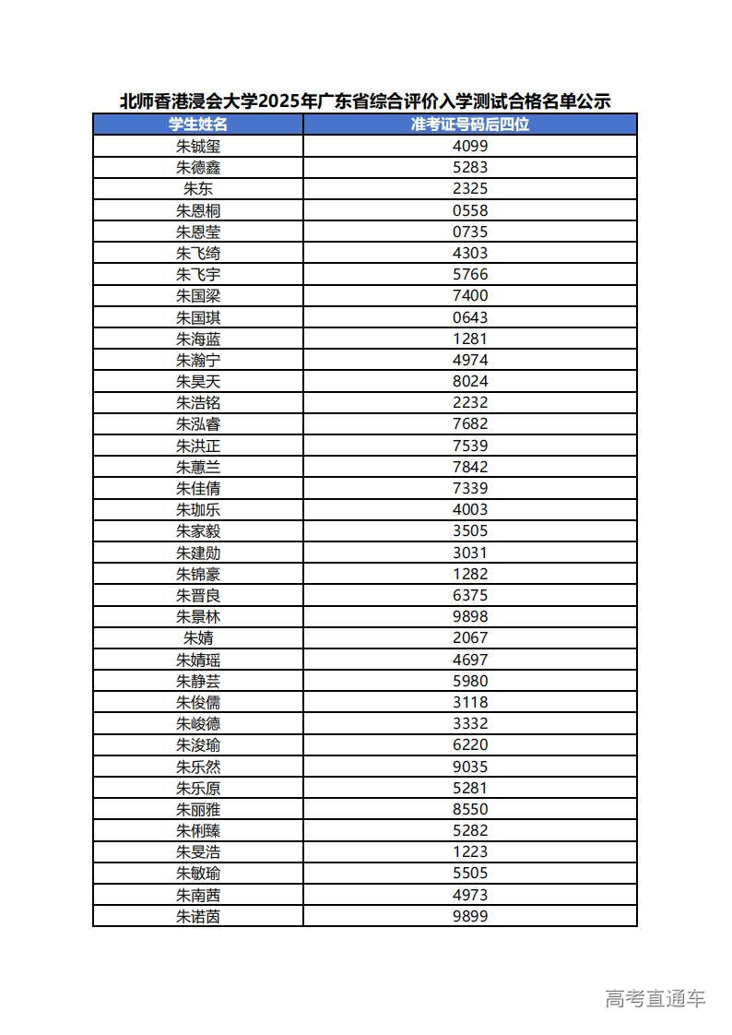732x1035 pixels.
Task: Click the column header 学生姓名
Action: point(198,125)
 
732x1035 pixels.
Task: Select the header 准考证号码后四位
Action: point(470,125)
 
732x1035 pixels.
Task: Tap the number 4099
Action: point(470,146)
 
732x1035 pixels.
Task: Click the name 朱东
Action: point(198,188)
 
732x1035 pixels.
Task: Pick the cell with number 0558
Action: point(470,210)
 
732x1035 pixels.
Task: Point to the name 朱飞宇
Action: point(198,274)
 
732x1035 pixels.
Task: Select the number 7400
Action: point(470,295)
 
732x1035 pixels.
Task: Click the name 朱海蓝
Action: point(198,339)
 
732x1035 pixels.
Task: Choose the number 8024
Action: point(470,381)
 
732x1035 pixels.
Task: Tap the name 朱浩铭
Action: point(198,402)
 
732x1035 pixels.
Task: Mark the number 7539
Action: point(470,446)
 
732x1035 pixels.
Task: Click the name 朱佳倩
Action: point(198,488)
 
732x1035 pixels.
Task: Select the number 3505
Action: point(470,530)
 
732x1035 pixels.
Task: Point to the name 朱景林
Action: point(198,616)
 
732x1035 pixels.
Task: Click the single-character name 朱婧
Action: point(198,637)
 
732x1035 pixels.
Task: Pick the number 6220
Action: point(470,744)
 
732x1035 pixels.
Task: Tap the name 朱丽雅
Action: point(198,809)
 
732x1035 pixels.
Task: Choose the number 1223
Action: point(470,851)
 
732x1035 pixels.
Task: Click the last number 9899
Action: point(470,916)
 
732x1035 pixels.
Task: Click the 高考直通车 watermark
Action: point(655,998)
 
